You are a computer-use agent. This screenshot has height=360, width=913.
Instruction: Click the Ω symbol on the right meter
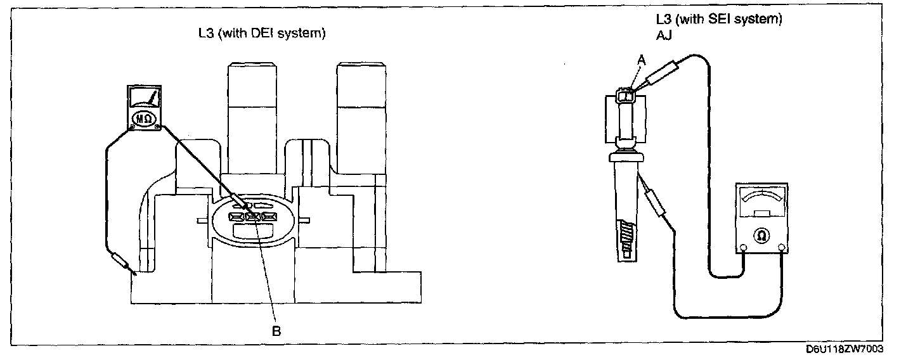(761, 235)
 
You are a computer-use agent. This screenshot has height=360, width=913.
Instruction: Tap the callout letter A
(641, 59)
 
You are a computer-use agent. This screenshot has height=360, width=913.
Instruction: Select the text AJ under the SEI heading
(664, 36)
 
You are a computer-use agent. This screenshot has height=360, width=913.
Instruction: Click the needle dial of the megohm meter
(144, 98)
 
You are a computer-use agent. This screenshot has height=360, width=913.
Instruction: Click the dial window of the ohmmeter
(761, 203)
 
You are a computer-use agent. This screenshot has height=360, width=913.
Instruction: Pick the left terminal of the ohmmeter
(742, 247)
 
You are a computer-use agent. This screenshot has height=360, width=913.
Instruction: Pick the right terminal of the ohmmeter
(781, 247)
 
